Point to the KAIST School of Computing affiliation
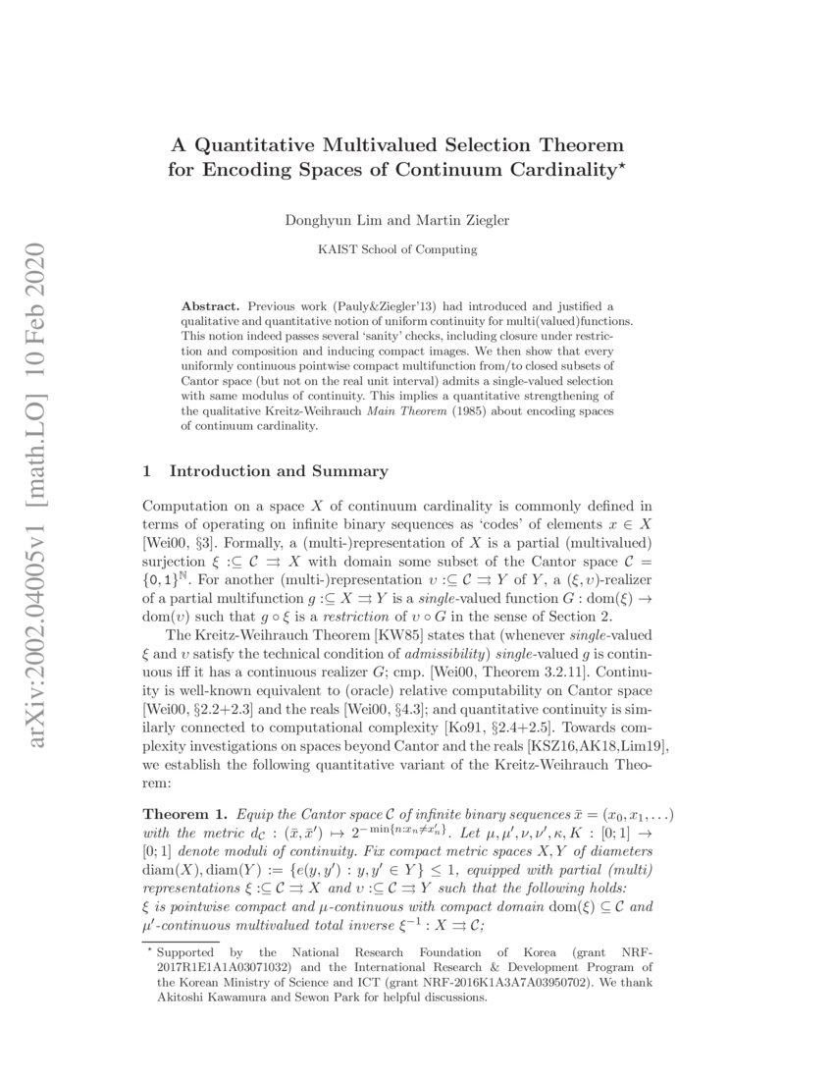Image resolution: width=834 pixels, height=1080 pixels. pyautogui.click(x=397, y=249)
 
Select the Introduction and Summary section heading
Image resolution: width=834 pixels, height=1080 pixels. pyautogui.click(x=279, y=471)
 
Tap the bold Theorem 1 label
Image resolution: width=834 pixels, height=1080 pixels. pyautogui.click(x=180, y=814)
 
